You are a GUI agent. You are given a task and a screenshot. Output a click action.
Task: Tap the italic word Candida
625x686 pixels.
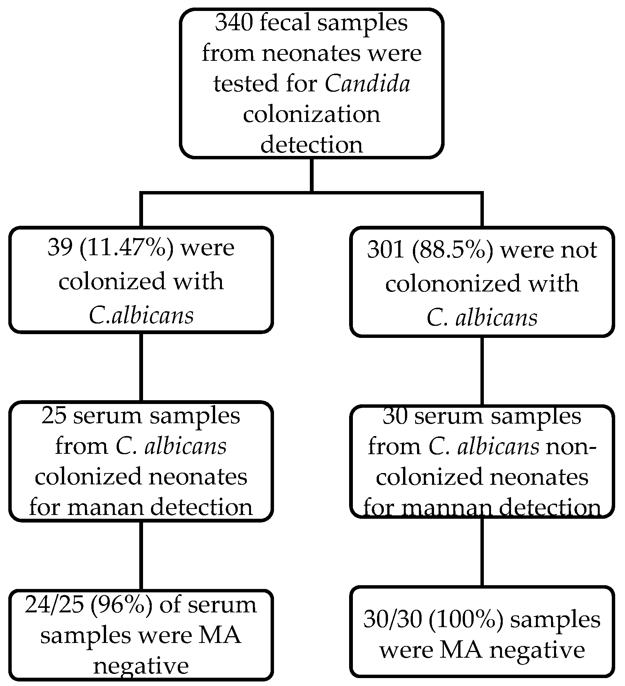[x=367, y=84]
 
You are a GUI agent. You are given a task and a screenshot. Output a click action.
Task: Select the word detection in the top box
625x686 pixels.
[x=311, y=145]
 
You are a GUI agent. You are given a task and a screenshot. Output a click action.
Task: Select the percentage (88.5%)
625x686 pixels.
[x=452, y=250]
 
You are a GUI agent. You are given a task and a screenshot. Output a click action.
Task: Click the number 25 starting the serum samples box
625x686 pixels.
[x=54, y=416]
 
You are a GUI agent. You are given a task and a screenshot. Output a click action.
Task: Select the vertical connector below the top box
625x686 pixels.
[x=311, y=175]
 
